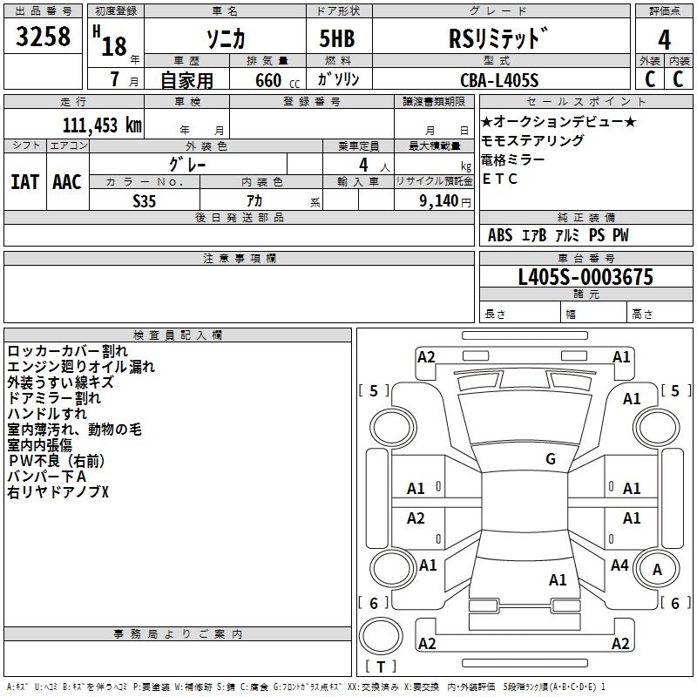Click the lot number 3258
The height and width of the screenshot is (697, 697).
coord(43,37)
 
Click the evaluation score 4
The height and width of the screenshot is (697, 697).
coord(664,40)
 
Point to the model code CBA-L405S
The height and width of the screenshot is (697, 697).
coord(500,80)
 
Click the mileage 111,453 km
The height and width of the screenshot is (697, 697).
coord(102,125)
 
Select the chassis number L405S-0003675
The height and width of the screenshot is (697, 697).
coord(585,278)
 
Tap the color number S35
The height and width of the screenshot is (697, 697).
coord(144,200)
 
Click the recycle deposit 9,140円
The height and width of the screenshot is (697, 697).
coord(444,200)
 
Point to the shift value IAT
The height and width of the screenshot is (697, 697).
coord(24,181)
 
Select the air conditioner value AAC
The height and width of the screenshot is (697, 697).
coord(67,181)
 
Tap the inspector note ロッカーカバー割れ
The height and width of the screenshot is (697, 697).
coord(67,351)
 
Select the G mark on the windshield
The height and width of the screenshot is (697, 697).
coord(550,459)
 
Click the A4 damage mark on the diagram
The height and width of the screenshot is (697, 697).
coord(619,565)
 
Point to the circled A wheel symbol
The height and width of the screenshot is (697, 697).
coord(658,570)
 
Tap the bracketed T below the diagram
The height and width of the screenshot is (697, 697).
coord(381,667)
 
